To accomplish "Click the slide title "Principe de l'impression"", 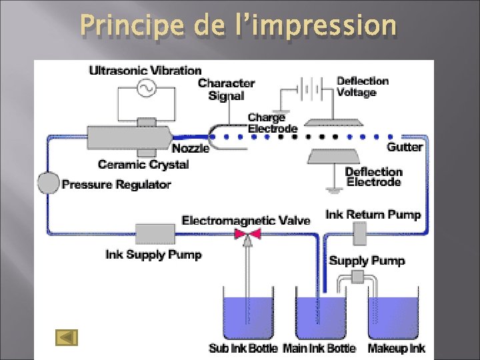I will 238,26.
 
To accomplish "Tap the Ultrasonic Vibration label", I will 145,71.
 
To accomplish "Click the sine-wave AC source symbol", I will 146,87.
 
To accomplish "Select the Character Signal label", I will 226,89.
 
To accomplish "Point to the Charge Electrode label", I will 272,123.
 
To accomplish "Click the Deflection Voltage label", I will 363,87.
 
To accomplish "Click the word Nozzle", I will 191,148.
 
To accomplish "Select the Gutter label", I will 405,147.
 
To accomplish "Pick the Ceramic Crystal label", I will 143,164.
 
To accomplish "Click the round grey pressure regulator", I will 49,182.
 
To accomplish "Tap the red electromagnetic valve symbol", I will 247,234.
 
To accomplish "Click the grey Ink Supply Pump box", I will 155,234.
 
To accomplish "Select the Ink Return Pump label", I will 373,215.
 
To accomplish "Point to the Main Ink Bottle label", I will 319,348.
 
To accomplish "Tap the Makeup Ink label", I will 396,348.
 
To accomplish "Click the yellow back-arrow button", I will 67,338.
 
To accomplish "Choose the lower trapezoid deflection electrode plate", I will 335,157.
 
